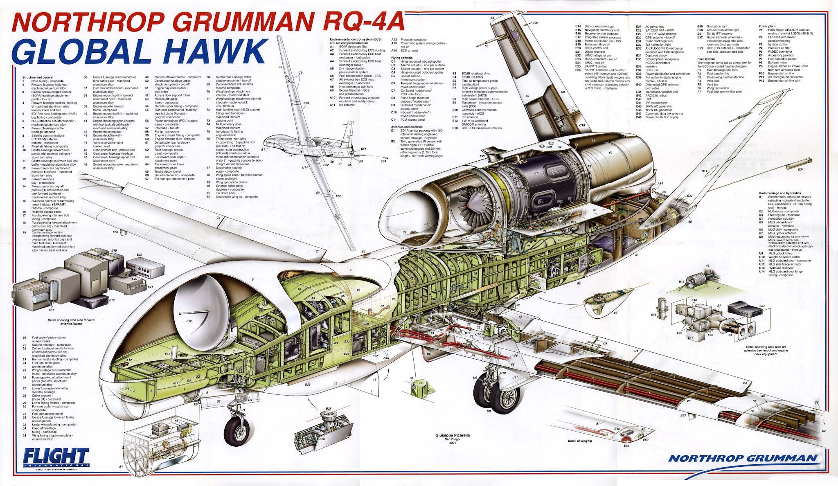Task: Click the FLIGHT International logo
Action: coord(56,457)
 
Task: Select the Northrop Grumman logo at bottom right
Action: coord(743,458)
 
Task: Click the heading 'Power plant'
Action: coord(767,26)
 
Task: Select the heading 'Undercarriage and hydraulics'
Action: coord(779,193)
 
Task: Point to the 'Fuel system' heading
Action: coord(706,59)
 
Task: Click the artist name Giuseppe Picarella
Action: coord(452,435)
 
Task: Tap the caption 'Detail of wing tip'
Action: coord(580,441)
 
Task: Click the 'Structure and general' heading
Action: coord(38,77)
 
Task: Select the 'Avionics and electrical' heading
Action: coord(407,127)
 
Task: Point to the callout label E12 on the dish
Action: coord(189,321)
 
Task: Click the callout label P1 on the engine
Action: coord(536,173)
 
